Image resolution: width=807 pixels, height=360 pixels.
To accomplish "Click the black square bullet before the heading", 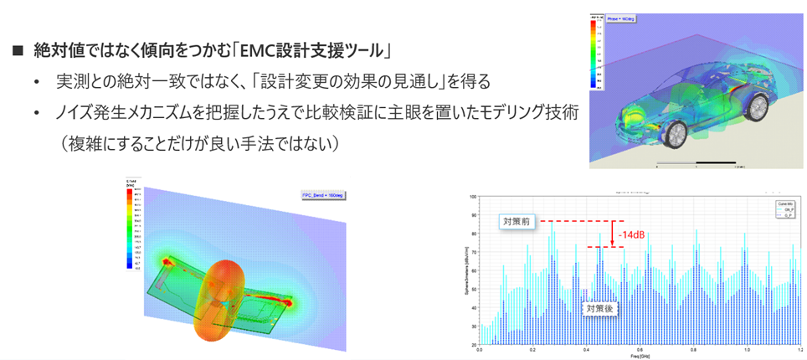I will coord(18,51).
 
